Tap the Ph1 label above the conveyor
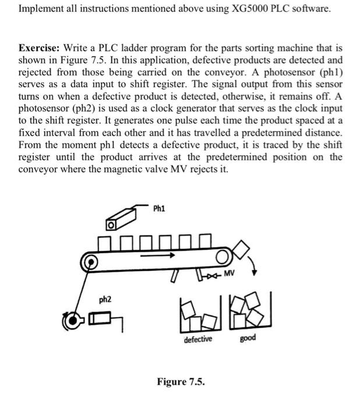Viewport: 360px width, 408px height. pyautogui.click(x=159, y=208)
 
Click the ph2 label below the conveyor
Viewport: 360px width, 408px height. pyautogui.click(x=105, y=299)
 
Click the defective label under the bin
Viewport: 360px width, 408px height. pyautogui.click(x=198, y=339)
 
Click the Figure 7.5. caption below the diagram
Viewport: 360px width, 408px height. pyautogui.click(x=181, y=382)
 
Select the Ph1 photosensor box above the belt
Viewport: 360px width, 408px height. pyautogui.click(x=111, y=223)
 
